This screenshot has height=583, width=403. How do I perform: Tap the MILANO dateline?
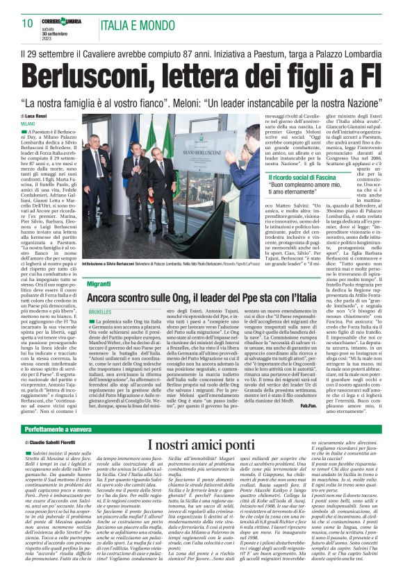click(x=28, y=123)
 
